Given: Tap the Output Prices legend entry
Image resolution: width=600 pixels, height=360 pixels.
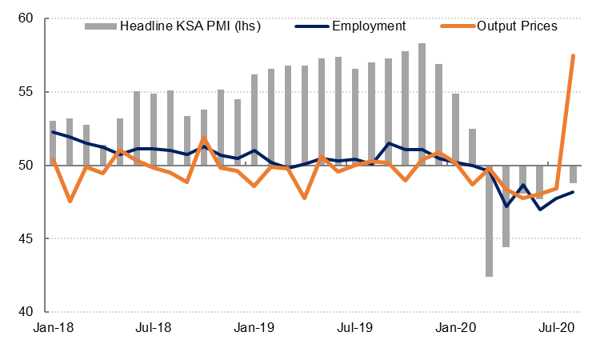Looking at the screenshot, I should [x=517, y=26].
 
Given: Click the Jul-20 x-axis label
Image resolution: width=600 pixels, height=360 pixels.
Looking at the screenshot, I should [x=556, y=327].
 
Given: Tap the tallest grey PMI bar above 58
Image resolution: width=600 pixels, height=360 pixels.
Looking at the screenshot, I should [x=422, y=104].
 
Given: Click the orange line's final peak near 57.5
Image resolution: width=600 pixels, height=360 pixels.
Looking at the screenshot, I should [x=573, y=55].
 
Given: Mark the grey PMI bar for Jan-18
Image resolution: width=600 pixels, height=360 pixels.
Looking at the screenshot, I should [x=53, y=143].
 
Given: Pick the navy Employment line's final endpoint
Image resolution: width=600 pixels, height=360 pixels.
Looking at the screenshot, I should [x=573, y=192].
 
